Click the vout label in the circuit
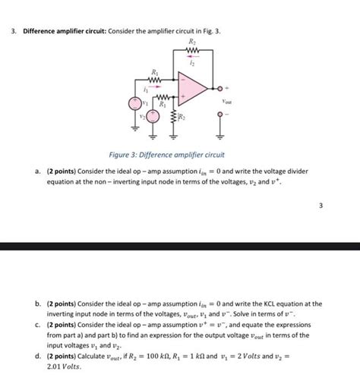(226, 99)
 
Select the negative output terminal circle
(222, 117)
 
